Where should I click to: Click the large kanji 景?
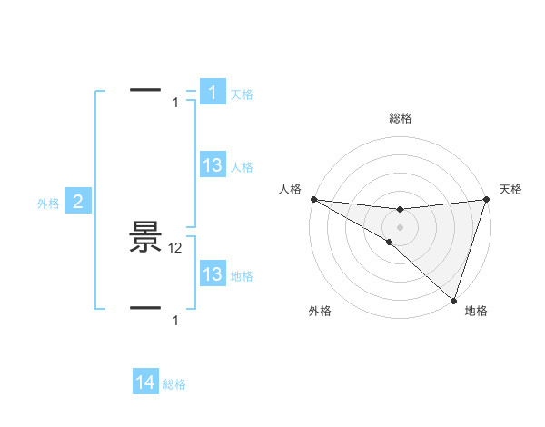145,239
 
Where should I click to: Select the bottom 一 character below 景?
145,308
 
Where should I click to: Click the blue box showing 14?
145,383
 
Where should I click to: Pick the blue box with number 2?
77,203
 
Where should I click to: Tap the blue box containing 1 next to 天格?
212,93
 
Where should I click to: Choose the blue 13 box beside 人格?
212,165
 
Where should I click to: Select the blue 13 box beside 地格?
212,274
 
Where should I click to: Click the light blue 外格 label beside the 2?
48,204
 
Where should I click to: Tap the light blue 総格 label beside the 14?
174,384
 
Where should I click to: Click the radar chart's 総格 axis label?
400,118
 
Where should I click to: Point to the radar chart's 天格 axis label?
510,189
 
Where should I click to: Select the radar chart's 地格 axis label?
476,311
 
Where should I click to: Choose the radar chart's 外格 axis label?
320,311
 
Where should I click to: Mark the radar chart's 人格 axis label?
290,189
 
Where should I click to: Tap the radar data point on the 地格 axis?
452,299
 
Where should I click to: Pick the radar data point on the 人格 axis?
313,199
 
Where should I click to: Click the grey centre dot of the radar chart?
400,227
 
